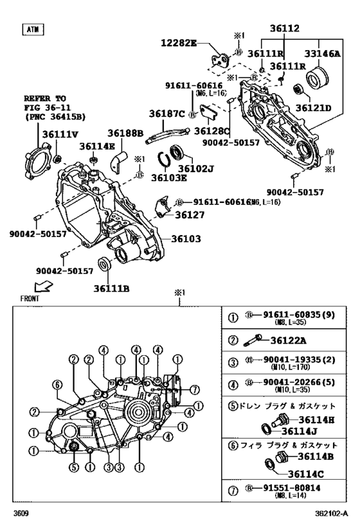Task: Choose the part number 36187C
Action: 166,114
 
